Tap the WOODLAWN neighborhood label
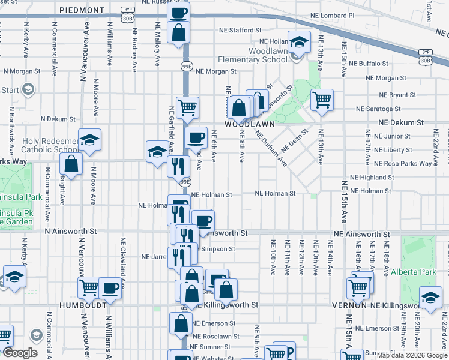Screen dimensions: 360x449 click(249, 124)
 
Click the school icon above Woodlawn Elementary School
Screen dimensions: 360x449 click(298, 41)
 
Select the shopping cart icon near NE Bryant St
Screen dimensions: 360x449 click(322, 99)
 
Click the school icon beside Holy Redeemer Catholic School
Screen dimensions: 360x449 click(89, 140)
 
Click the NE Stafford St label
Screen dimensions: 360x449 click(240, 29)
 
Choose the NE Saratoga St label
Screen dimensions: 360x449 click(378, 109)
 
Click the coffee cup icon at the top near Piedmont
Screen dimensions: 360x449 click(178, 13)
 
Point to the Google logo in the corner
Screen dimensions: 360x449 click(20, 353)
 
